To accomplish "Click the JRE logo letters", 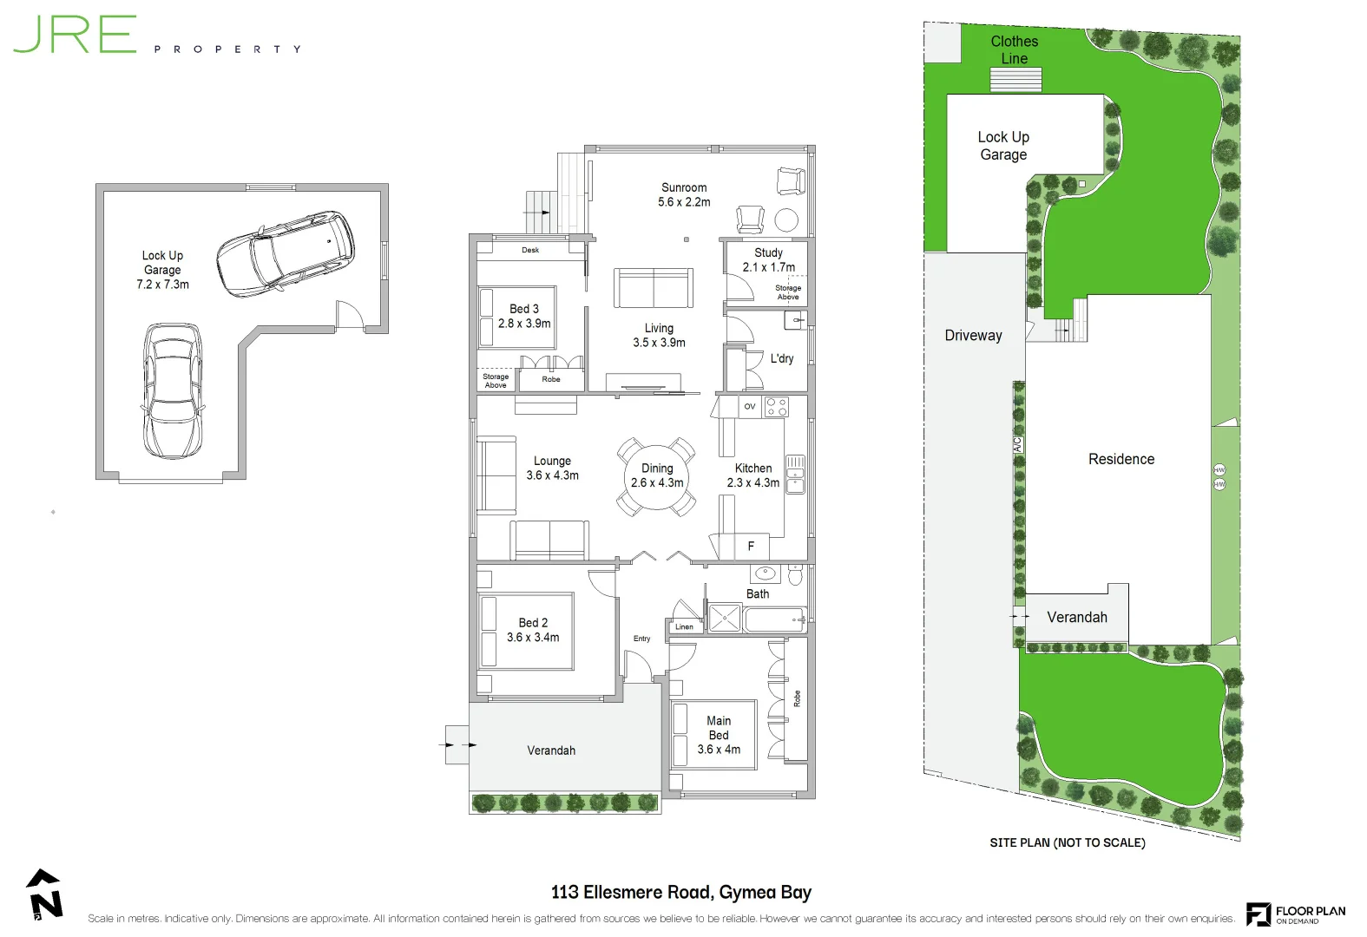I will pyautogui.click(x=75, y=35).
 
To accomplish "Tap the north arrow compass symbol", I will pyautogui.click(x=45, y=894).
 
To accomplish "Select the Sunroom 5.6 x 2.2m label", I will pyautogui.click(x=684, y=194).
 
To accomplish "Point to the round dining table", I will pyautogui.click(x=656, y=476).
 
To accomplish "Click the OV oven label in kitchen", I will pyautogui.click(x=750, y=406).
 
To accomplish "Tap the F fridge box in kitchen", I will pyautogui.click(x=752, y=546).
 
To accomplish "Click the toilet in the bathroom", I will pyautogui.click(x=795, y=574).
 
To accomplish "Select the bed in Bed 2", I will pyautogui.click(x=525, y=631).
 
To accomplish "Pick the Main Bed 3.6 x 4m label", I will pyautogui.click(x=719, y=735).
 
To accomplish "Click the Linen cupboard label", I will pyautogui.click(x=685, y=626).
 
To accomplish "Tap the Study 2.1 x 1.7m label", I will pyautogui.click(x=768, y=260).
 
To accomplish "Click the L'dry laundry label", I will pyautogui.click(x=782, y=358).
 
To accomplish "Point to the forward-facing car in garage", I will pyautogui.click(x=173, y=391).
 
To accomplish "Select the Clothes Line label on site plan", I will pyautogui.click(x=1014, y=49).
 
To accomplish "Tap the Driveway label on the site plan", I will pyautogui.click(x=973, y=336).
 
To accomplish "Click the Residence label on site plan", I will pyautogui.click(x=1121, y=459).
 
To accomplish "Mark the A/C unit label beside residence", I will pyautogui.click(x=1017, y=443).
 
